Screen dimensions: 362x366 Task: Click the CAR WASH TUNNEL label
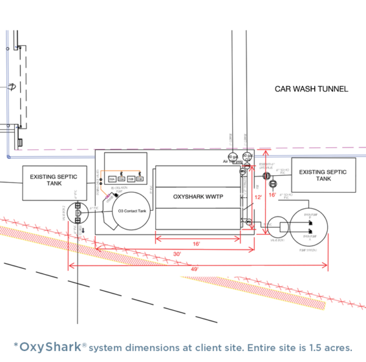click(311, 89)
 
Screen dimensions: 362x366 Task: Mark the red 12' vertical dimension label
click(257, 197)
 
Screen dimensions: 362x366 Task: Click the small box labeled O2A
click(112, 179)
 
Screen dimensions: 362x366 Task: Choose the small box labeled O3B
click(140, 179)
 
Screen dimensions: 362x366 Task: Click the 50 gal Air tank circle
click(232, 156)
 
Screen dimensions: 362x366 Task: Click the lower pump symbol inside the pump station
click(310, 236)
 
